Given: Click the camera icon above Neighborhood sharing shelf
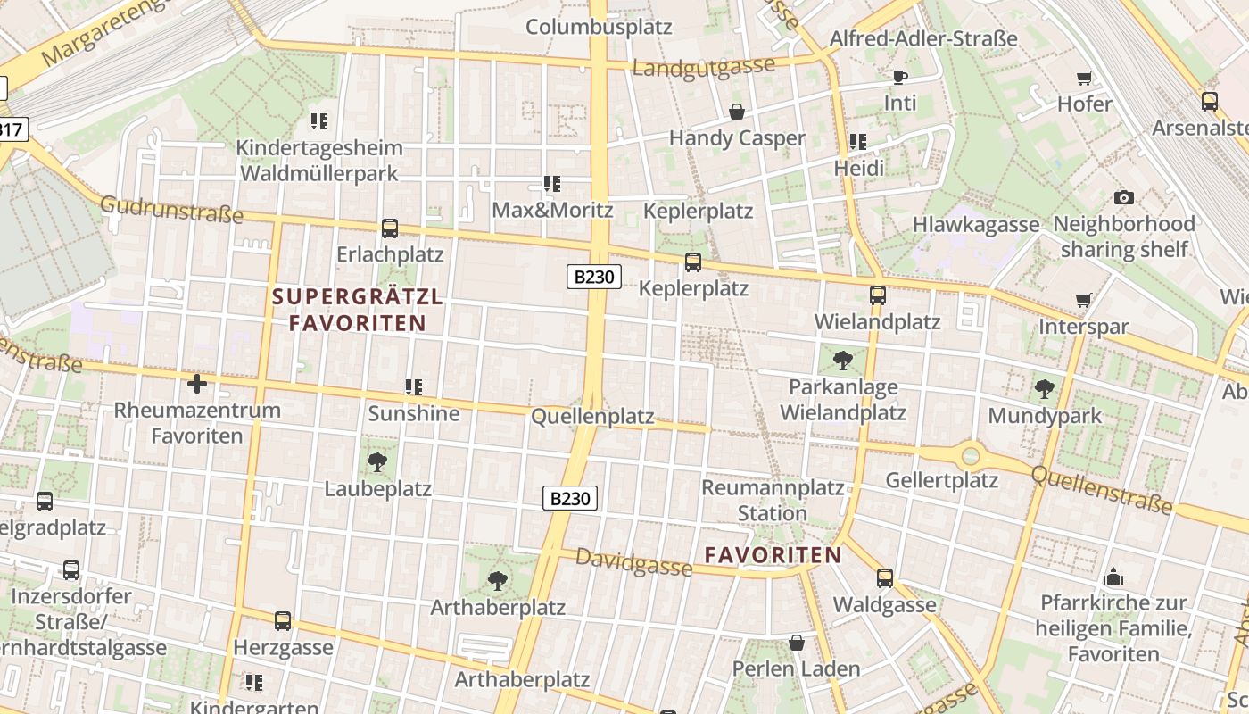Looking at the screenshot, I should point(1124,197).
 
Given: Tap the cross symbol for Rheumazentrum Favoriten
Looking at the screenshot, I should point(197,385).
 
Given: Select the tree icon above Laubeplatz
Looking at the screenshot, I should point(377,462).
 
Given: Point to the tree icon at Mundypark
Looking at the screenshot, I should point(1045,389).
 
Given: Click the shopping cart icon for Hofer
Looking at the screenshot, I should point(1085,79).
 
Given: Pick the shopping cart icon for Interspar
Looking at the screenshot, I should point(1084,301).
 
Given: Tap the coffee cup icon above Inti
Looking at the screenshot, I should point(899,77).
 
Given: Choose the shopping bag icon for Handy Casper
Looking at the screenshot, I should point(737,112).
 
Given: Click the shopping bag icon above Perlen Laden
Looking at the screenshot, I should point(797,643).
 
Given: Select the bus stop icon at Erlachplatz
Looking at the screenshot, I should point(390,228).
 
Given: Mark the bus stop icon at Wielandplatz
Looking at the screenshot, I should point(878,295).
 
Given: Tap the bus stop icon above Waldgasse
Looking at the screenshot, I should point(885,578).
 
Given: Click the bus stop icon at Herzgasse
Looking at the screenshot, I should point(283,621).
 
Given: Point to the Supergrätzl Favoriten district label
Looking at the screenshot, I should point(357,310).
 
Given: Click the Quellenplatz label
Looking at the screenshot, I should point(592,417).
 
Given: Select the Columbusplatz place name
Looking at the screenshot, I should point(598,27).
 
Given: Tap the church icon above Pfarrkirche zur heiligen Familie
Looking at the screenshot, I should point(1113,577).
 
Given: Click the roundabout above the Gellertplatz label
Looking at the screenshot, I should point(971,457).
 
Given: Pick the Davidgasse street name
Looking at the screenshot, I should point(633,562).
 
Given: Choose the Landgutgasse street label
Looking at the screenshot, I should point(703,67).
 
